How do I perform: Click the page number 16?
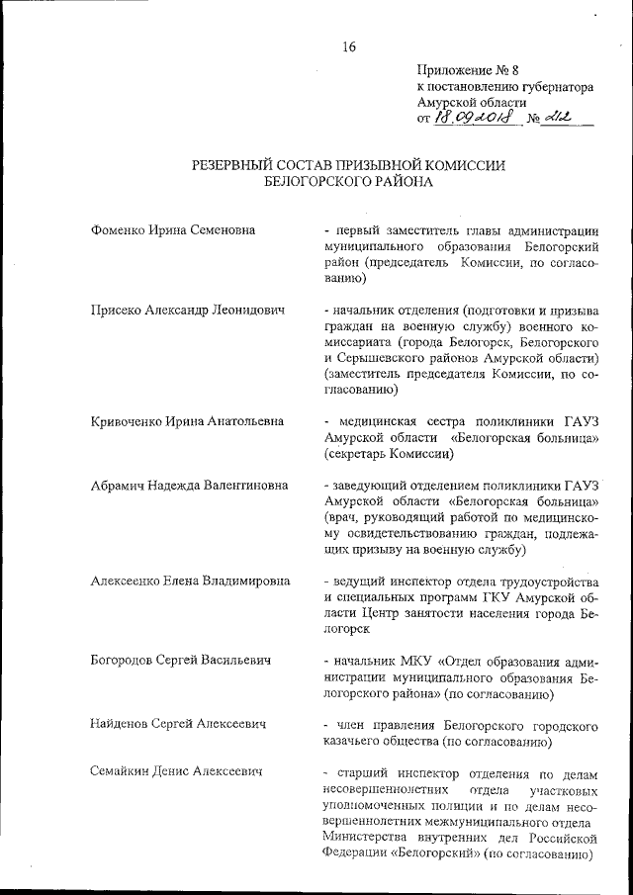[x=348, y=45]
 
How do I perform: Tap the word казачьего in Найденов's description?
[x=354, y=741]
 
